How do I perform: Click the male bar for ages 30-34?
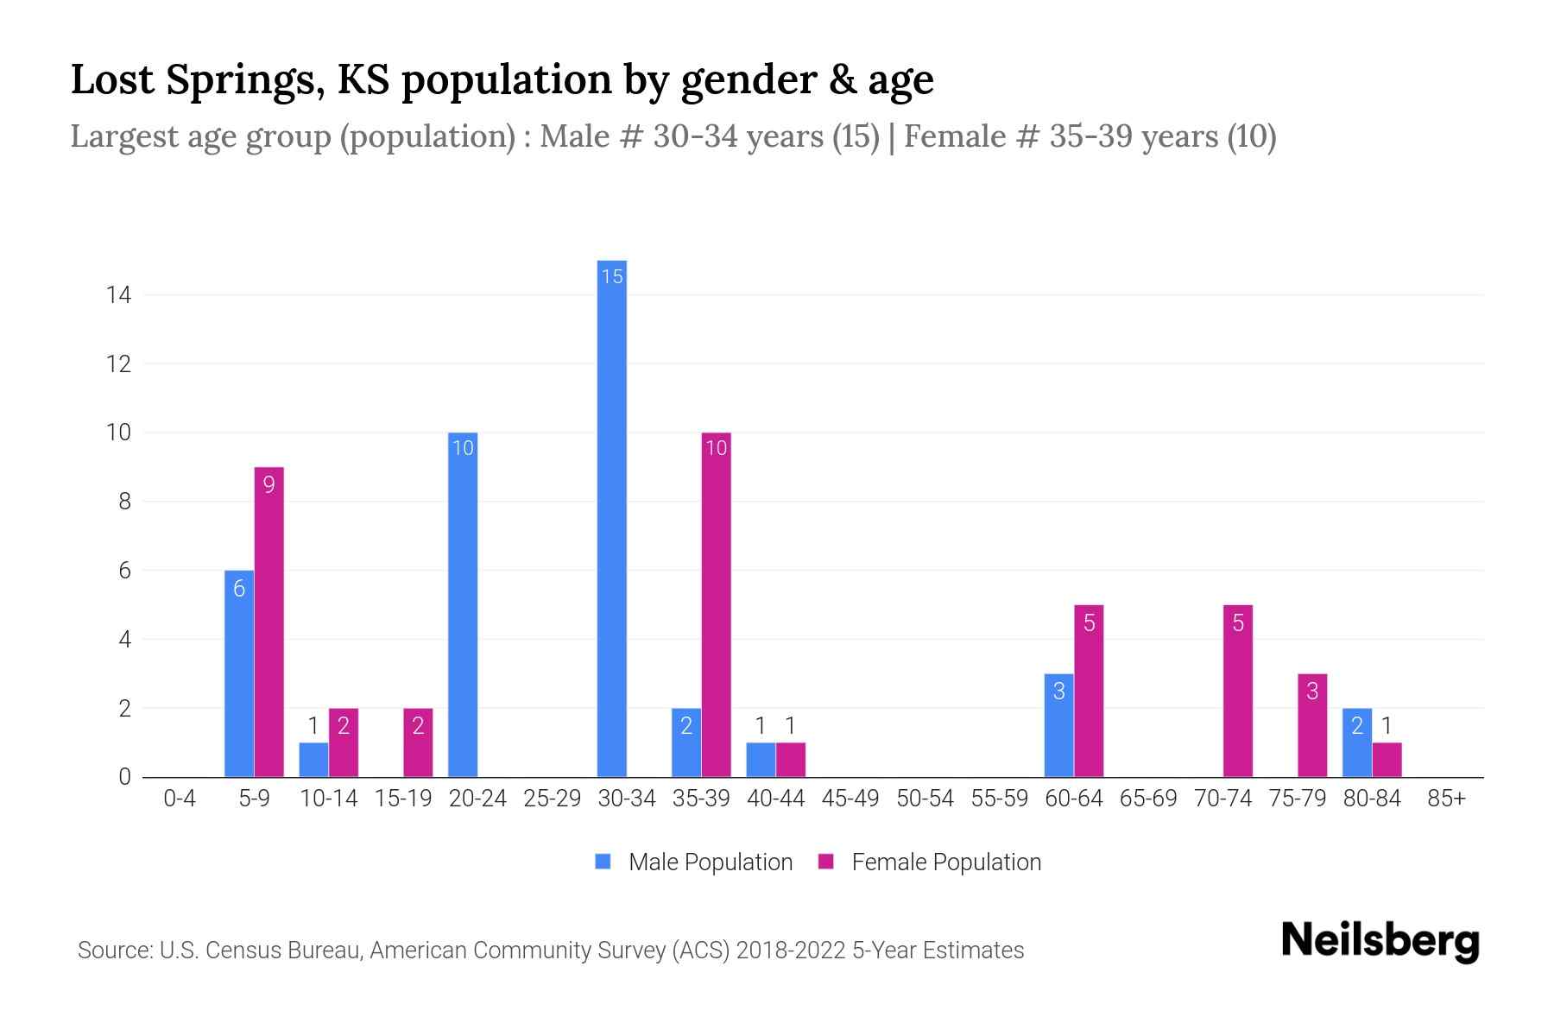click(612, 518)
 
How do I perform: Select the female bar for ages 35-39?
click(716, 604)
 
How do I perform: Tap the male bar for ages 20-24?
click(463, 604)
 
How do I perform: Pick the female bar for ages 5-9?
click(268, 622)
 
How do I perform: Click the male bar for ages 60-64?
click(1058, 725)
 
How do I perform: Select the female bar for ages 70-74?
click(1237, 691)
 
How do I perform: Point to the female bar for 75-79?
click(1311, 725)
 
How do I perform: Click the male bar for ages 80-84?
click(1356, 742)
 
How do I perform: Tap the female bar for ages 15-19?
click(418, 742)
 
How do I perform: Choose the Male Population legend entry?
click(695, 862)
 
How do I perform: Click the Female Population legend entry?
click(931, 862)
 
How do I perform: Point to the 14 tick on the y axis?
click(119, 295)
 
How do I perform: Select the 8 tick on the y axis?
click(124, 502)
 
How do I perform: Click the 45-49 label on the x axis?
click(850, 799)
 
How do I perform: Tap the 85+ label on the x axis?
click(1446, 799)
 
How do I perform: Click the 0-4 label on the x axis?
click(180, 799)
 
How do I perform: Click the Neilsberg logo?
click(1380, 941)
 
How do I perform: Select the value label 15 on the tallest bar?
click(612, 276)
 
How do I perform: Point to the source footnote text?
click(551, 951)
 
